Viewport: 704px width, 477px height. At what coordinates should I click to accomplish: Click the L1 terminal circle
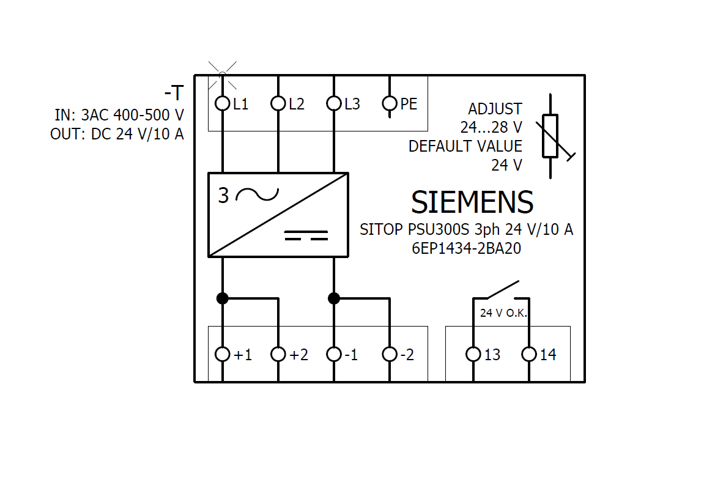222,103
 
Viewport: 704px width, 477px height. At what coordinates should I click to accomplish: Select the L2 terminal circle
278,103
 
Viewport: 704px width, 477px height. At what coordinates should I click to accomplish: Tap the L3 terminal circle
333,103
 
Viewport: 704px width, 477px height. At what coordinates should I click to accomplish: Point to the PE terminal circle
390,103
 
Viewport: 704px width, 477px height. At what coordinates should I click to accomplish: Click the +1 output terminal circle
222,354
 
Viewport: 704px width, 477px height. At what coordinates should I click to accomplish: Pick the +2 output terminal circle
278,354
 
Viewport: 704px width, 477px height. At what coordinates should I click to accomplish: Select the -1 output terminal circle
333,354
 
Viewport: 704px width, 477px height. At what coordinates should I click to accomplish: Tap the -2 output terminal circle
390,354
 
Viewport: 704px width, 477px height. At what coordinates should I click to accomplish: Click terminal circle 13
473,354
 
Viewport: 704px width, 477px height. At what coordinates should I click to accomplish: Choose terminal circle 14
529,354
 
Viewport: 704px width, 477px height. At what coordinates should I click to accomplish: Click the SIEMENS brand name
472,202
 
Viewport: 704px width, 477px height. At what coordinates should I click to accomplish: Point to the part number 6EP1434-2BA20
466,249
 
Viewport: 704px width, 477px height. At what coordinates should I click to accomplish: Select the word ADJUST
495,109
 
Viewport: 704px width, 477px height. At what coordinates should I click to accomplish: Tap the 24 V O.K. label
503,313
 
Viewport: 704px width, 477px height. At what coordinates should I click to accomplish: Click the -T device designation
174,93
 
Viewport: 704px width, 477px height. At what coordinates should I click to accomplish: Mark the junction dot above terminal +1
222,298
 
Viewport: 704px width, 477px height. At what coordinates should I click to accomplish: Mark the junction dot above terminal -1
333,298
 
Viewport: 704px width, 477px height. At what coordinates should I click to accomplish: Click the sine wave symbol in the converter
257,194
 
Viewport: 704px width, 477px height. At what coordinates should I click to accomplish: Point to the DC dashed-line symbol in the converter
306,235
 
